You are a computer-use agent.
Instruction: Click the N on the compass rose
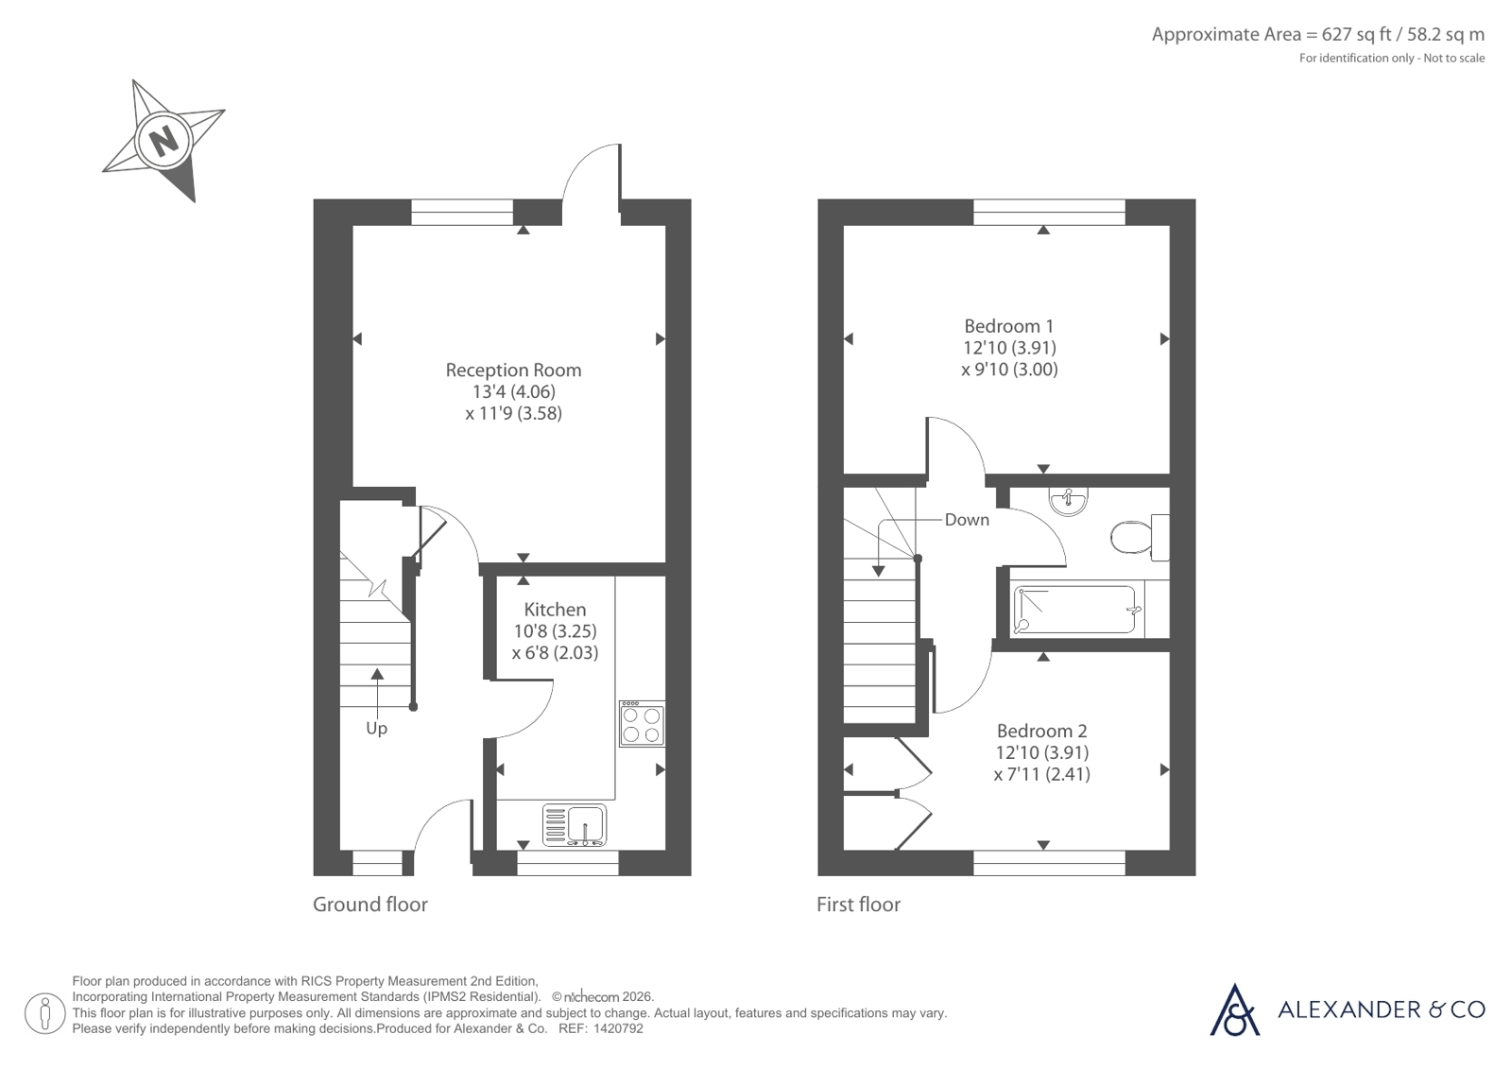coord(163,141)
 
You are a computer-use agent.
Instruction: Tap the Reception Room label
coord(513,370)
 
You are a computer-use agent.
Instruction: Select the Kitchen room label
coord(555,610)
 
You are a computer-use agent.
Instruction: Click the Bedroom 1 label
coord(1008,326)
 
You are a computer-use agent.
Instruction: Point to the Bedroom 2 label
coord(1041,731)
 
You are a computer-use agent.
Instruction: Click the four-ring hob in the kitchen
coord(642,723)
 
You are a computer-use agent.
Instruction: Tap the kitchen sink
coord(574,825)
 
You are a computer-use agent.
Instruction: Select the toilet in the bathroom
coord(1140,537)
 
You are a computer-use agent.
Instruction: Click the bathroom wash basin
coord(1068,502)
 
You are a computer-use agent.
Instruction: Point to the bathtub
coord(1078,610)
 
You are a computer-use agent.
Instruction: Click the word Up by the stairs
coord(376,728)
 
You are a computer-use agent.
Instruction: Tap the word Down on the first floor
coord(967,520)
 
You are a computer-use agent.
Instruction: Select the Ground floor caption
coord(369,905)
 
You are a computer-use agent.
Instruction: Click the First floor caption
coord(858,905)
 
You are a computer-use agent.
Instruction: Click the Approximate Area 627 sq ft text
coord(1318,34)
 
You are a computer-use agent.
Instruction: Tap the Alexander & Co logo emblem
coord(1234,1009)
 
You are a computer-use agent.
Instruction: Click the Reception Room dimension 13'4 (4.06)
coord(513,391)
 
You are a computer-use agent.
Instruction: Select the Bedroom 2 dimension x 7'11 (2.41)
coord(1041,774)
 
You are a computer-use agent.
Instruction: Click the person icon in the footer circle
coord(45,1013)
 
